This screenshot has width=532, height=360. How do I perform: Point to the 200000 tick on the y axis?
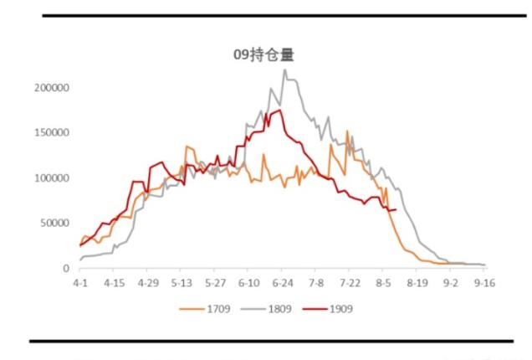click(x=53, y=88)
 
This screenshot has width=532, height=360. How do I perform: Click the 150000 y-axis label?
click(x=53, y=133)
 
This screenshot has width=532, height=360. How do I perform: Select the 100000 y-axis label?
click(x=53, y=178)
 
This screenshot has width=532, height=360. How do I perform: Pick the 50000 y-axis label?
click(x=55, y=224)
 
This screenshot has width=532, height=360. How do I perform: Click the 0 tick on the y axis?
click(x=65, y=269)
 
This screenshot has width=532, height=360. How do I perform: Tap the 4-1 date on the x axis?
click(x=80, y=284)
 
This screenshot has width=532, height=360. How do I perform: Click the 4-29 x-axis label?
click(x=147, y=284)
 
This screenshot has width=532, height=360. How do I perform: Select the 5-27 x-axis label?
click(x=215, y=284)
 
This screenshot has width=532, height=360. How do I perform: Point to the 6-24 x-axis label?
click(x=283, y=284)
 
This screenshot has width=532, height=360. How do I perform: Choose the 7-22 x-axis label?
click(x=350, y=284)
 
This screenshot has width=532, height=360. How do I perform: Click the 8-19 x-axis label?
click(x=417, y=284)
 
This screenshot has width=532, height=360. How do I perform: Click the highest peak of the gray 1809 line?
click(x=284, y=69)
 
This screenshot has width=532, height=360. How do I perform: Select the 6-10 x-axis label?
click(x=249, y=284)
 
